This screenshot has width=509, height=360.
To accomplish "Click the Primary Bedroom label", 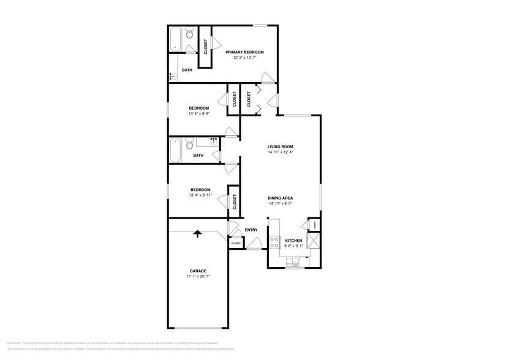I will coord(244,52).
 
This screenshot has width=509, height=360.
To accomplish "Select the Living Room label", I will coord(280,146).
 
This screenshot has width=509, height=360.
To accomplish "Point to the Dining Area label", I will coord(280,198).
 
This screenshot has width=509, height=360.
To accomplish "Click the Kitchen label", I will coord(293,241).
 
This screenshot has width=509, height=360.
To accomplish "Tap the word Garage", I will coord(197,271).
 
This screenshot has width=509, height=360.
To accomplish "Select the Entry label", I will coord(251,230).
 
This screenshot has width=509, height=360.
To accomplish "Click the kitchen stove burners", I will coord(275,242).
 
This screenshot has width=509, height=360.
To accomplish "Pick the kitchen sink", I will coord(295,264).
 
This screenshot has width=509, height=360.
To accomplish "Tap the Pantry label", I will coord(312,225).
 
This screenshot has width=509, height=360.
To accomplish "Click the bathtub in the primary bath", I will coord(175,39).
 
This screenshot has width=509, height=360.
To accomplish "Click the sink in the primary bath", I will coord(174,77).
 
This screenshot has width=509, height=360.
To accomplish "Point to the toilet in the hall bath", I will coord(189,144).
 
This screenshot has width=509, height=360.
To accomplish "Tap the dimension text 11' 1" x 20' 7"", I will coord(197,277).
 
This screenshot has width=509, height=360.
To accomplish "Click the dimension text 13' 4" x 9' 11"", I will coord(200,196).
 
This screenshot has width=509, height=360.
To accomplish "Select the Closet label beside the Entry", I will coord(236,244).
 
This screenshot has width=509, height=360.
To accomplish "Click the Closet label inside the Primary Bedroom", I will coord(205,47).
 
